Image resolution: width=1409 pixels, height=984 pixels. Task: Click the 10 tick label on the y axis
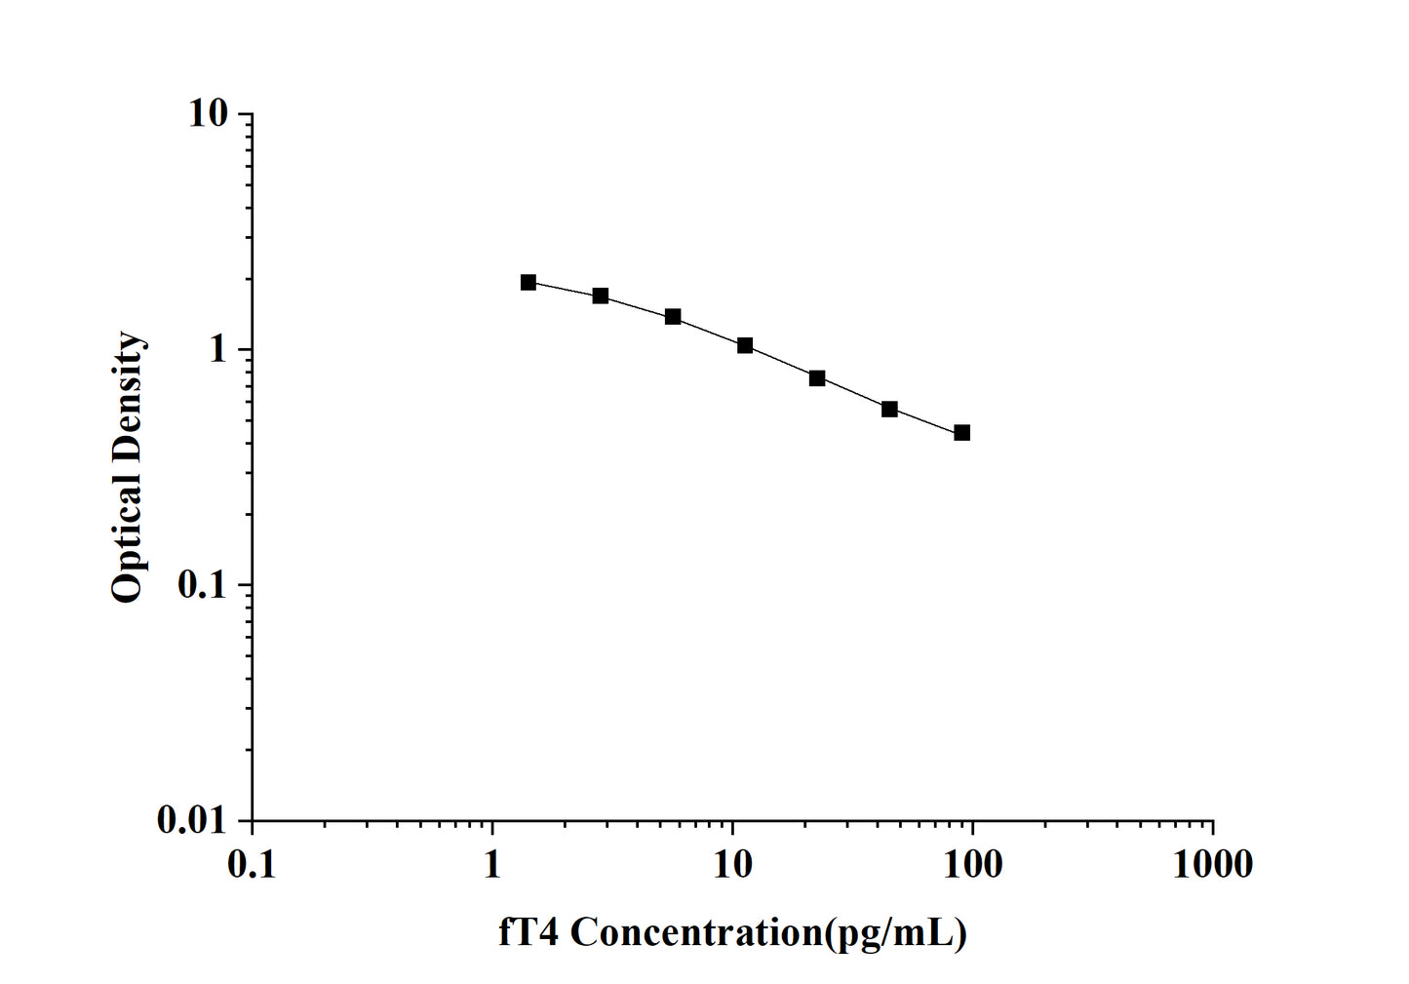(208, 114)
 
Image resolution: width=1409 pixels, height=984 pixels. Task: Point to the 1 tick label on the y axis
(217, 349)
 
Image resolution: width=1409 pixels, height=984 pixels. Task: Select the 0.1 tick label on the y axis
(201, 585)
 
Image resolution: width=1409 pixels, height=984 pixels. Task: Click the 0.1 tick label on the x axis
(252, 864)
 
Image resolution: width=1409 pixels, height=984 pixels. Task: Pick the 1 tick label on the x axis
(492, 864)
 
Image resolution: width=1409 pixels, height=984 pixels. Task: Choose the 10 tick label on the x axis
(732, 864)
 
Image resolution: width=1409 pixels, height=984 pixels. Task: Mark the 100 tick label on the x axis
(972, 864)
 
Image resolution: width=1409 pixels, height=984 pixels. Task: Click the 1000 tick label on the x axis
(1212, 864)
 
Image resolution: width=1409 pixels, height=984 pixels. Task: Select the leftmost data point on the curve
(528, 282)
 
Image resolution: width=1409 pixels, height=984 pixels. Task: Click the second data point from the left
(601, 295)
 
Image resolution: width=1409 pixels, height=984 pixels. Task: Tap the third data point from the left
(673, 316)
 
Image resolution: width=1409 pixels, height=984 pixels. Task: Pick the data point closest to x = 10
(745, 345)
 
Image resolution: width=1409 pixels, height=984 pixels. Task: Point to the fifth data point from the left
(817, 377)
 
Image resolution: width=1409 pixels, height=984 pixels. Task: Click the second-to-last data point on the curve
(889, 409)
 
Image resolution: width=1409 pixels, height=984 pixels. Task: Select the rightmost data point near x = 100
(962, 432)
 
